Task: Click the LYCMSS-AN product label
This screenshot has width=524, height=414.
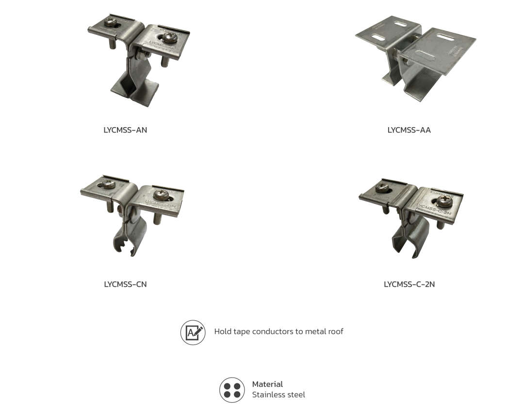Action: [125, 130]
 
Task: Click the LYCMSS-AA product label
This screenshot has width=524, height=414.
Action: [409, 130]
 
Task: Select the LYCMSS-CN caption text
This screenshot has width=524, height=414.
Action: [125, 284]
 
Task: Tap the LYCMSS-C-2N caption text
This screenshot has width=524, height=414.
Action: [409, 284]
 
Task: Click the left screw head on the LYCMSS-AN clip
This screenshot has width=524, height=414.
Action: [110, 23]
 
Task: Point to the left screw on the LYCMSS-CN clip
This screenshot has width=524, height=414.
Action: [108, 184]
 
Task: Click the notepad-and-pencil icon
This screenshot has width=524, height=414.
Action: [193, 332]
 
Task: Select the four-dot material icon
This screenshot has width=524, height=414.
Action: [231, 389]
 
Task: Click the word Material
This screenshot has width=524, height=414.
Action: [267, 384]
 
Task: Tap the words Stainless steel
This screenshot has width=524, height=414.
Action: [278, 395]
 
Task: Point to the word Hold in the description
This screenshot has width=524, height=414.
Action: [222, 331]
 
